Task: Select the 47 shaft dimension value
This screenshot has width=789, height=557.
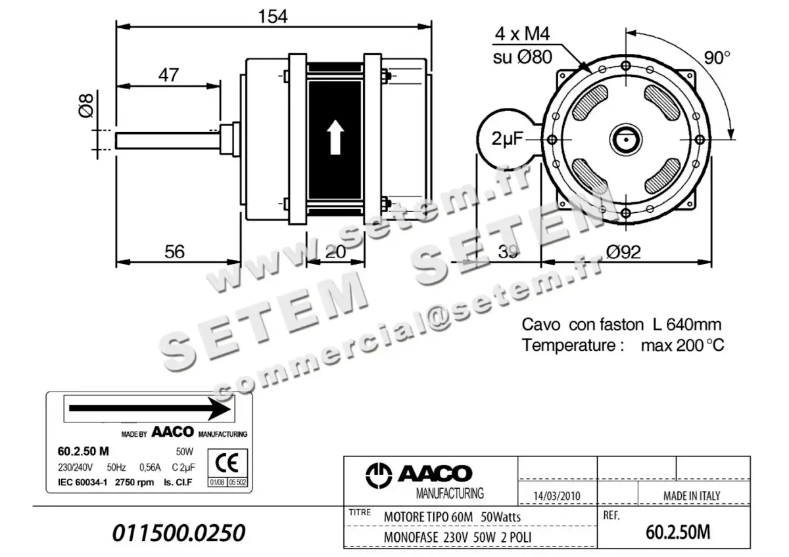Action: coord(168,75)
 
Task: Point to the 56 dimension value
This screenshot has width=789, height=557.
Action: coord(175,252)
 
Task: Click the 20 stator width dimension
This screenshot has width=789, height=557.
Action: coord(336,252)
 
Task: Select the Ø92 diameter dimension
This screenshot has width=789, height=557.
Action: coord(623,252)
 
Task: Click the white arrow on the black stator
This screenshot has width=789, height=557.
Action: coord(335,137)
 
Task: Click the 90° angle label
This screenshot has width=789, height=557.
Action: coord(717,57)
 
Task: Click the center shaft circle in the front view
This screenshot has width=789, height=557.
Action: coord(626,139)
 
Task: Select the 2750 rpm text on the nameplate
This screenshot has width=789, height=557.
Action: coord(135,482)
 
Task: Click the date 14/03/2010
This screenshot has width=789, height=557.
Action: coord(557,496)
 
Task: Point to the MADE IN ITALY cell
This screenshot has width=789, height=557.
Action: coord(691,495)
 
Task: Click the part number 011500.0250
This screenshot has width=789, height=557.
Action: coord(179,533)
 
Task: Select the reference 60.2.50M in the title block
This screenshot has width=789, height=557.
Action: coord(679,532)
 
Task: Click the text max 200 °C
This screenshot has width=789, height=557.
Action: coord(682,345)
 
